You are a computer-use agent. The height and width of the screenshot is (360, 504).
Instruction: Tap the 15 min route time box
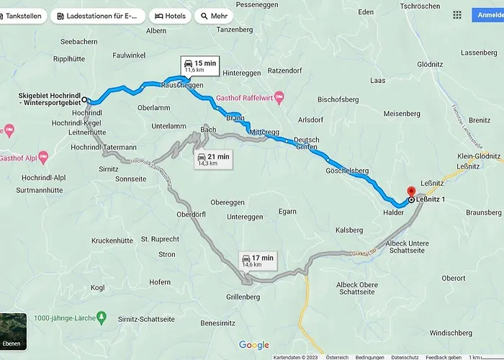point(189,66)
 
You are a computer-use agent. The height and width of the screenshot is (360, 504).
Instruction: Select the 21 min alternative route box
point(214,159)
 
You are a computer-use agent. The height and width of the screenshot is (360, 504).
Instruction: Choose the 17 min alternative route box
point(257,261)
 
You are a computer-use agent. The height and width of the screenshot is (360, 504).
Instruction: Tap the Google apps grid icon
point(457,14)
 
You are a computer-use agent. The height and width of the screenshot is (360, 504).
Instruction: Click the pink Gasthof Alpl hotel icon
point(42,156)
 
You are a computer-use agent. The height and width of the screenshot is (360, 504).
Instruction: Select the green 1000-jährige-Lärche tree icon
point(102,317)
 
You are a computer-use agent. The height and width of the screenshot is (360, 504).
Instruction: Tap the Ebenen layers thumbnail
point(14,331)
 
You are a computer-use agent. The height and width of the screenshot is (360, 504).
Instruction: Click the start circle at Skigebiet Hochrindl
point(85,100)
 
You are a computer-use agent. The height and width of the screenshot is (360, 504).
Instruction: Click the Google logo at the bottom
point(253,345)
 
